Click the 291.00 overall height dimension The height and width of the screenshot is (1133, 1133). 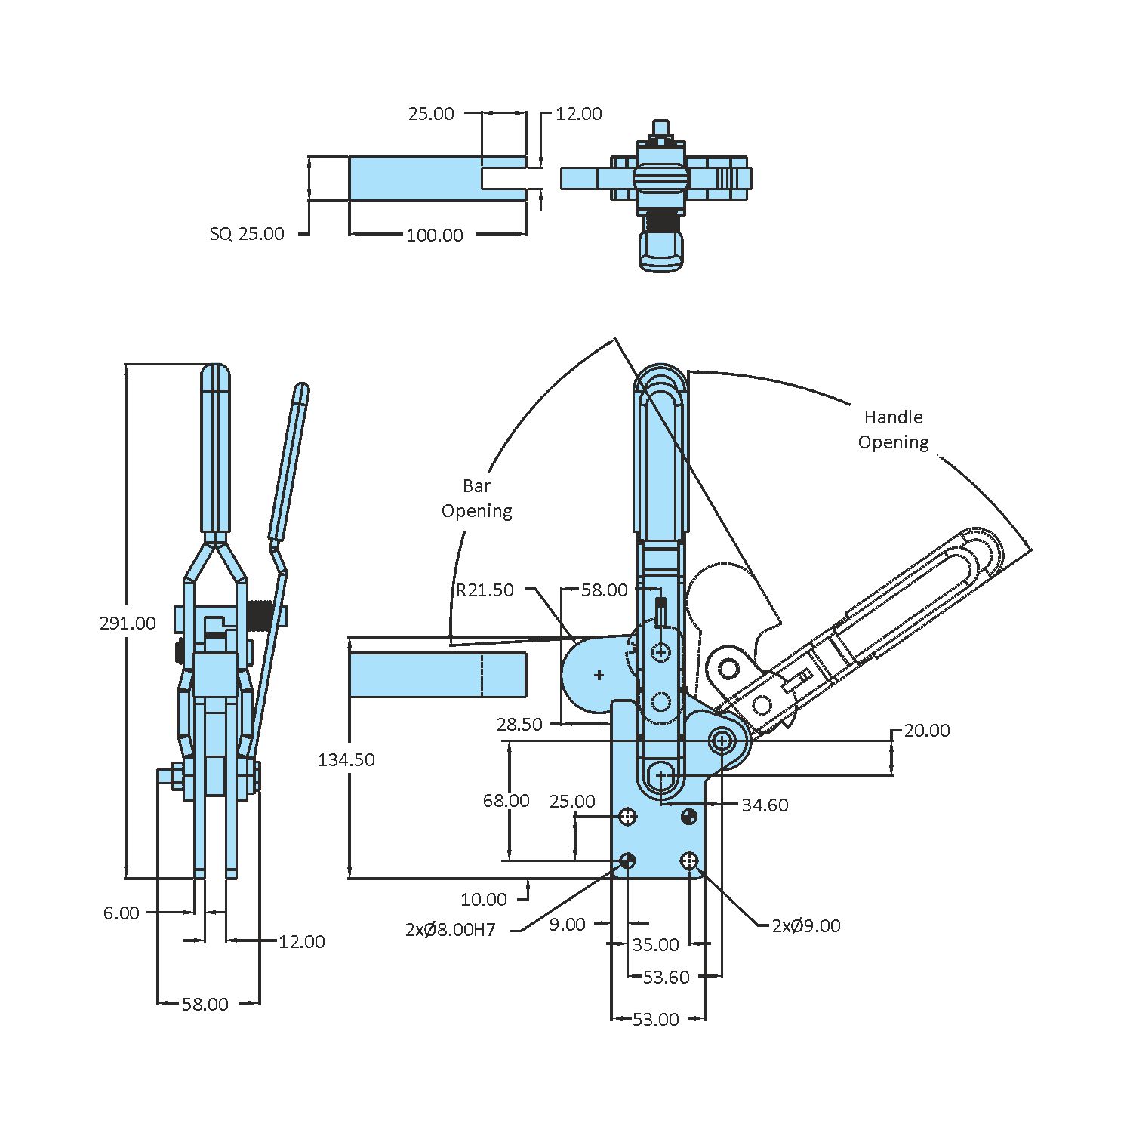click(x=128, y=623)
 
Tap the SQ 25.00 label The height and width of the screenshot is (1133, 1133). click(x=247, y=234)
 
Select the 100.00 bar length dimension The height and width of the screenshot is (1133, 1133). click(x=434, y=236)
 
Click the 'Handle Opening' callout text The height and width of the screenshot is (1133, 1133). click(x=893, y=429)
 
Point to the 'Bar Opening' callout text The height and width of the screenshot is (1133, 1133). click(x=476, y=498)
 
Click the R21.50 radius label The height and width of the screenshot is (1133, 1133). click(x=484, y=590)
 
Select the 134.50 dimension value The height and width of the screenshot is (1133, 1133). click(x=346, y=760)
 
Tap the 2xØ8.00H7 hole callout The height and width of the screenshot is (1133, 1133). click(x=450, y=930)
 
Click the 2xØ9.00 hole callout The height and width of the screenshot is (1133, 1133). click(x=805, y=926)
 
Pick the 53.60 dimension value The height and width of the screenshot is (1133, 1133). click(x=666, y=978)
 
